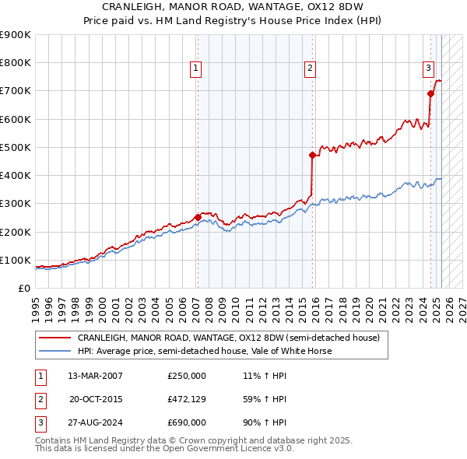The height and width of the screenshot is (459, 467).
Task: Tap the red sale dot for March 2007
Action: click(x=197, y=217)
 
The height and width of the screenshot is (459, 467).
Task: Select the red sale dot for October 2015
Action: click(x=312, y=155)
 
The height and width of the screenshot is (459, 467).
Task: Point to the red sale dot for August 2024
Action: click(x=430, y=93)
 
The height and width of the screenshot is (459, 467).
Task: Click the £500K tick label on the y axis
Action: click(x=16, y=147)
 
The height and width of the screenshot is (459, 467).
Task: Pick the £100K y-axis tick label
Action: click(x=16, y=260)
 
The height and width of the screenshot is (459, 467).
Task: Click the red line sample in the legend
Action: click(x=55, y=338)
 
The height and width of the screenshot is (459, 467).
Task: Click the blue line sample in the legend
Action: click(x=55, y=351)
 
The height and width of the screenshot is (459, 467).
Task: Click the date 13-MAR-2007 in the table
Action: click(x=95, y=376)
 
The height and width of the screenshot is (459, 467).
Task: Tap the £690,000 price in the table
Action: click(x=187, y=424)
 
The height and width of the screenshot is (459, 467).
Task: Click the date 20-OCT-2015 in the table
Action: click(x=95, y=400)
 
